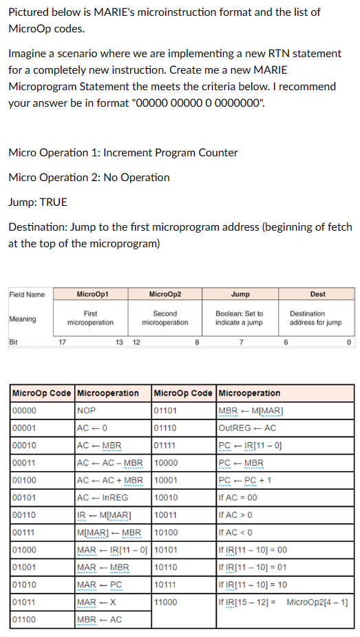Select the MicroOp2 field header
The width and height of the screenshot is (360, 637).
point(165,294)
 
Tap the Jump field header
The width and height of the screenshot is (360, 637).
point(241,294)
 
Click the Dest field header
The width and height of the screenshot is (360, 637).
point(317,294)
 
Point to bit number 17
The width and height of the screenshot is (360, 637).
point(61,342)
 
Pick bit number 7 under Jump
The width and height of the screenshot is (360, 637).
point(241,342)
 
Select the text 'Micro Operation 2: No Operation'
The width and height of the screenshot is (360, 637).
point(89,177)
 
